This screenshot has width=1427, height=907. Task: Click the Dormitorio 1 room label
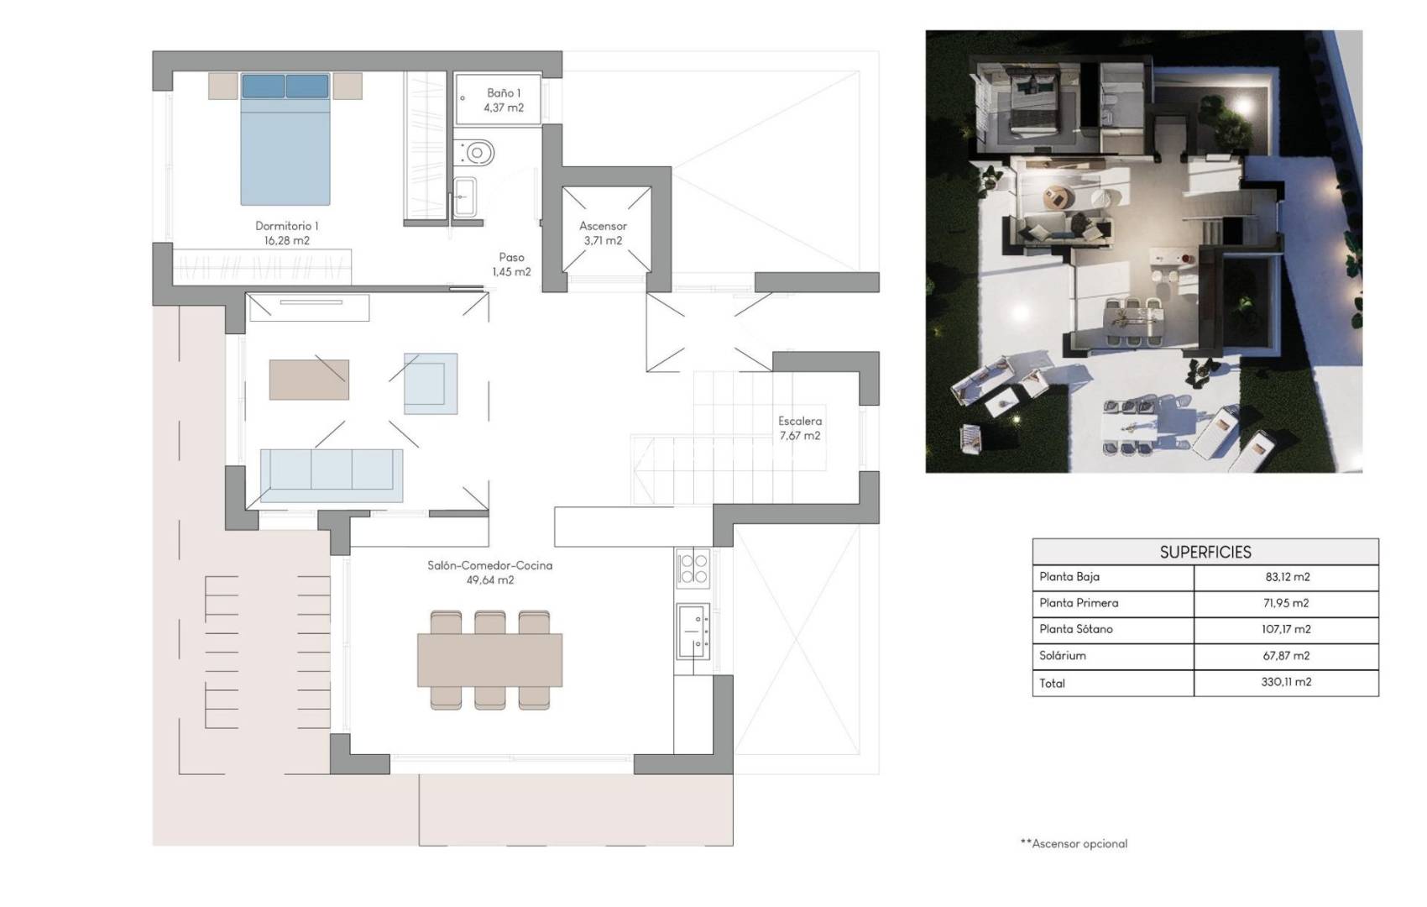pos(287,233)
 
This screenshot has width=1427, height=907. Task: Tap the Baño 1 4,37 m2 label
pos(504,100)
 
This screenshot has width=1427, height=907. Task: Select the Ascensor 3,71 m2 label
pos(603,233)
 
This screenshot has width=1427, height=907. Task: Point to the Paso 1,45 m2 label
pos(511,265)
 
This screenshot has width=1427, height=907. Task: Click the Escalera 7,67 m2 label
pos(800,427)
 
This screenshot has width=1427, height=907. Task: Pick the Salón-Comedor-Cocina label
pos(490,572)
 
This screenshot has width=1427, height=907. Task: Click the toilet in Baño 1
pos(476,153)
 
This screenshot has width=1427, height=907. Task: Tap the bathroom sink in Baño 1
pos(464,198)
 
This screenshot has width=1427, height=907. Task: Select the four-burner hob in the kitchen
pos(693,567)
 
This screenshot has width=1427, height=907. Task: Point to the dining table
pos(489,660)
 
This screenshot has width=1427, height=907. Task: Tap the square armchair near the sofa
pos(431,383)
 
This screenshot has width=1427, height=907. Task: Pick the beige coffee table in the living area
pos(309,380)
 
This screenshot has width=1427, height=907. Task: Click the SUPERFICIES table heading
pos(1205,552)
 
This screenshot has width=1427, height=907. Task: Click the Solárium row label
pos(1063,655)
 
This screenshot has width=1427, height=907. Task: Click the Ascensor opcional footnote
pos(1074,843)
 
